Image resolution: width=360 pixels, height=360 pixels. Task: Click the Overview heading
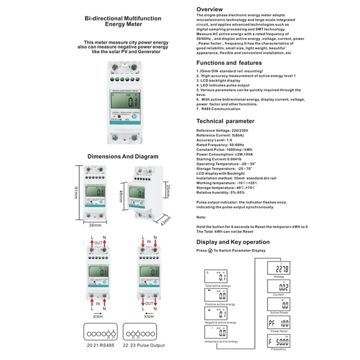(209, 9)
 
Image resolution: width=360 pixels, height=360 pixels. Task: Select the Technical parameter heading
(225, 121)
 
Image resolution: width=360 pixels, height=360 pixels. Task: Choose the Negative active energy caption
(220, 323)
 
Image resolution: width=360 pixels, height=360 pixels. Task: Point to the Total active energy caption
(218, 286)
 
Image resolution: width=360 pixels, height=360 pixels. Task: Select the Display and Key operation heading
(233, 242)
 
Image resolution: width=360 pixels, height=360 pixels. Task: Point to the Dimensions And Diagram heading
(122, 157)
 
